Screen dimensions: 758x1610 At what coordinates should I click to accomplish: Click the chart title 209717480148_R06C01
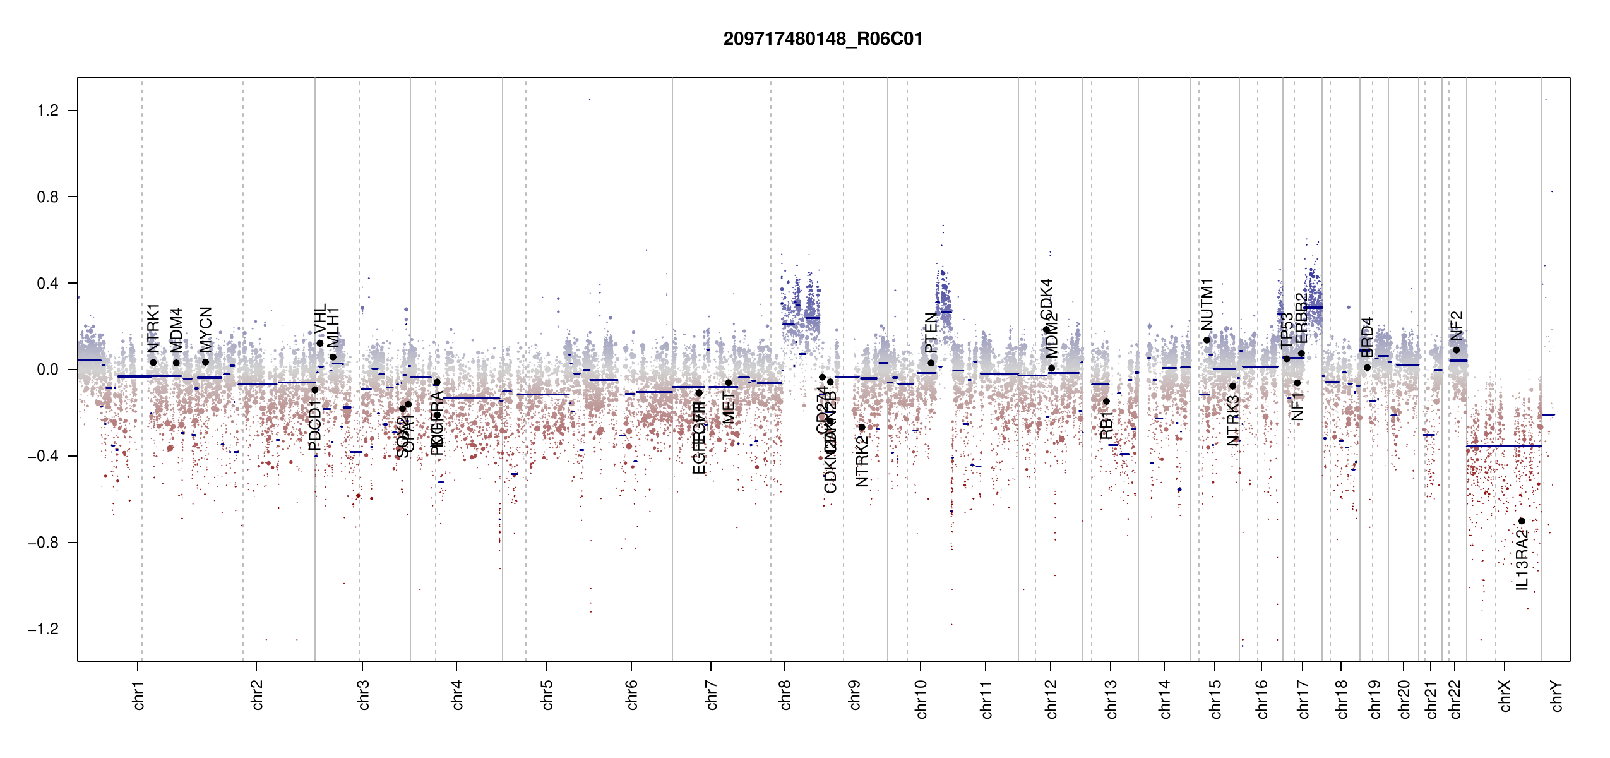coord(823,39)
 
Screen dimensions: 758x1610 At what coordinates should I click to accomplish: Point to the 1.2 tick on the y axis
coord(47,111)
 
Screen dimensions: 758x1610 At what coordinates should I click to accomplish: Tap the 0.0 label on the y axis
coord(47,370)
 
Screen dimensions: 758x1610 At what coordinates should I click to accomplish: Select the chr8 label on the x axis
coord(785,695)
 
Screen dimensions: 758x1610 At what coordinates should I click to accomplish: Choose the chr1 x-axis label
coord(139,695)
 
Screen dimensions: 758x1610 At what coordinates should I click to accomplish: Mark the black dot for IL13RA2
coord(1522,521)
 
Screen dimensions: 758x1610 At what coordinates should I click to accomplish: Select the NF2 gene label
coord(1457,325)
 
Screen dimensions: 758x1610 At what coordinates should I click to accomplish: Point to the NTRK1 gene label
coord(153,328)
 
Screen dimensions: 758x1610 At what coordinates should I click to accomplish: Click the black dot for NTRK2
coord(862,428)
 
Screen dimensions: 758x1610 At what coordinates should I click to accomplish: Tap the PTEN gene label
coord(931,333)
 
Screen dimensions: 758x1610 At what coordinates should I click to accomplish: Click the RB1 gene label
coord(1106,425)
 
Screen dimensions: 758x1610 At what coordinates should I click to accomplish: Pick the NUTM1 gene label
coord(1207,304)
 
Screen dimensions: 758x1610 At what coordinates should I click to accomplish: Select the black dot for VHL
coord(320,344)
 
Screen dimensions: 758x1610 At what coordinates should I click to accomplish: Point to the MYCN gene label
coord(206,330)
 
